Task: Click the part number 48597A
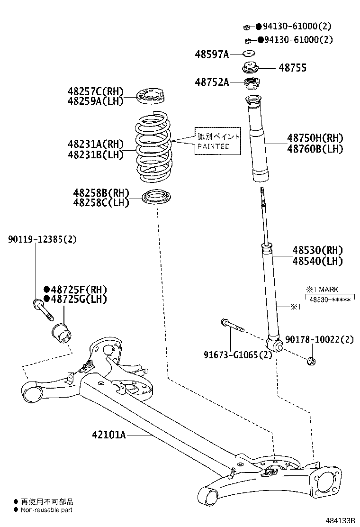(x=211, y=55)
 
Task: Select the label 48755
(x=292, y=68)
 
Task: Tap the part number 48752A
(x=211, y=82)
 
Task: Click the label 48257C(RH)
(x=95, y=91)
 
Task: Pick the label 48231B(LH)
(x=95, y=154)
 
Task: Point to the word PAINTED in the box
(x=214, y=146)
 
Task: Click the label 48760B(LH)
(x=315, y=149)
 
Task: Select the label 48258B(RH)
(x=101, y=193)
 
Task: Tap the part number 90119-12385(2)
(x=42, y=239)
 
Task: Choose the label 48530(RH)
(x=317, y=250)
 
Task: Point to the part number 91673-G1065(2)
(x=238, y=354)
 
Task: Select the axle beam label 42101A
(x=109, y=435)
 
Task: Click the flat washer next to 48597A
(x=249, y=53)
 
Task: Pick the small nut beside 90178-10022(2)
(x=311, y=361)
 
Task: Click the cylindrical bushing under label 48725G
(x=61, y=334)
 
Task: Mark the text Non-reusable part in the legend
(x=46, y=510)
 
